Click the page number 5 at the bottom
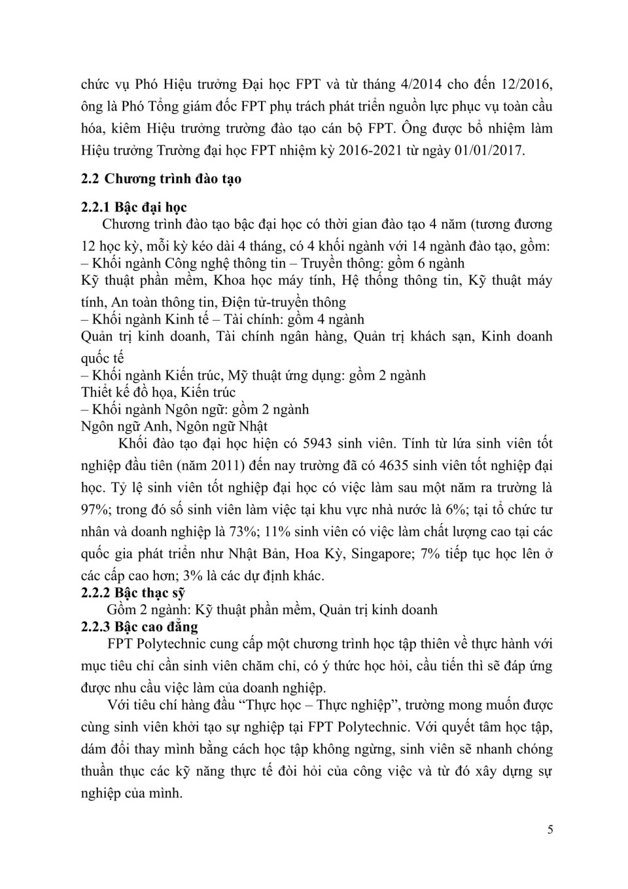pos(550,830)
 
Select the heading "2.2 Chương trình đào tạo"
pos(161,179)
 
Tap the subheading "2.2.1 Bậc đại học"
pos(134,208)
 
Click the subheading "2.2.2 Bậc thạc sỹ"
pos(133,593)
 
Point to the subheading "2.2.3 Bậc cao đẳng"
pos(139,627)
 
